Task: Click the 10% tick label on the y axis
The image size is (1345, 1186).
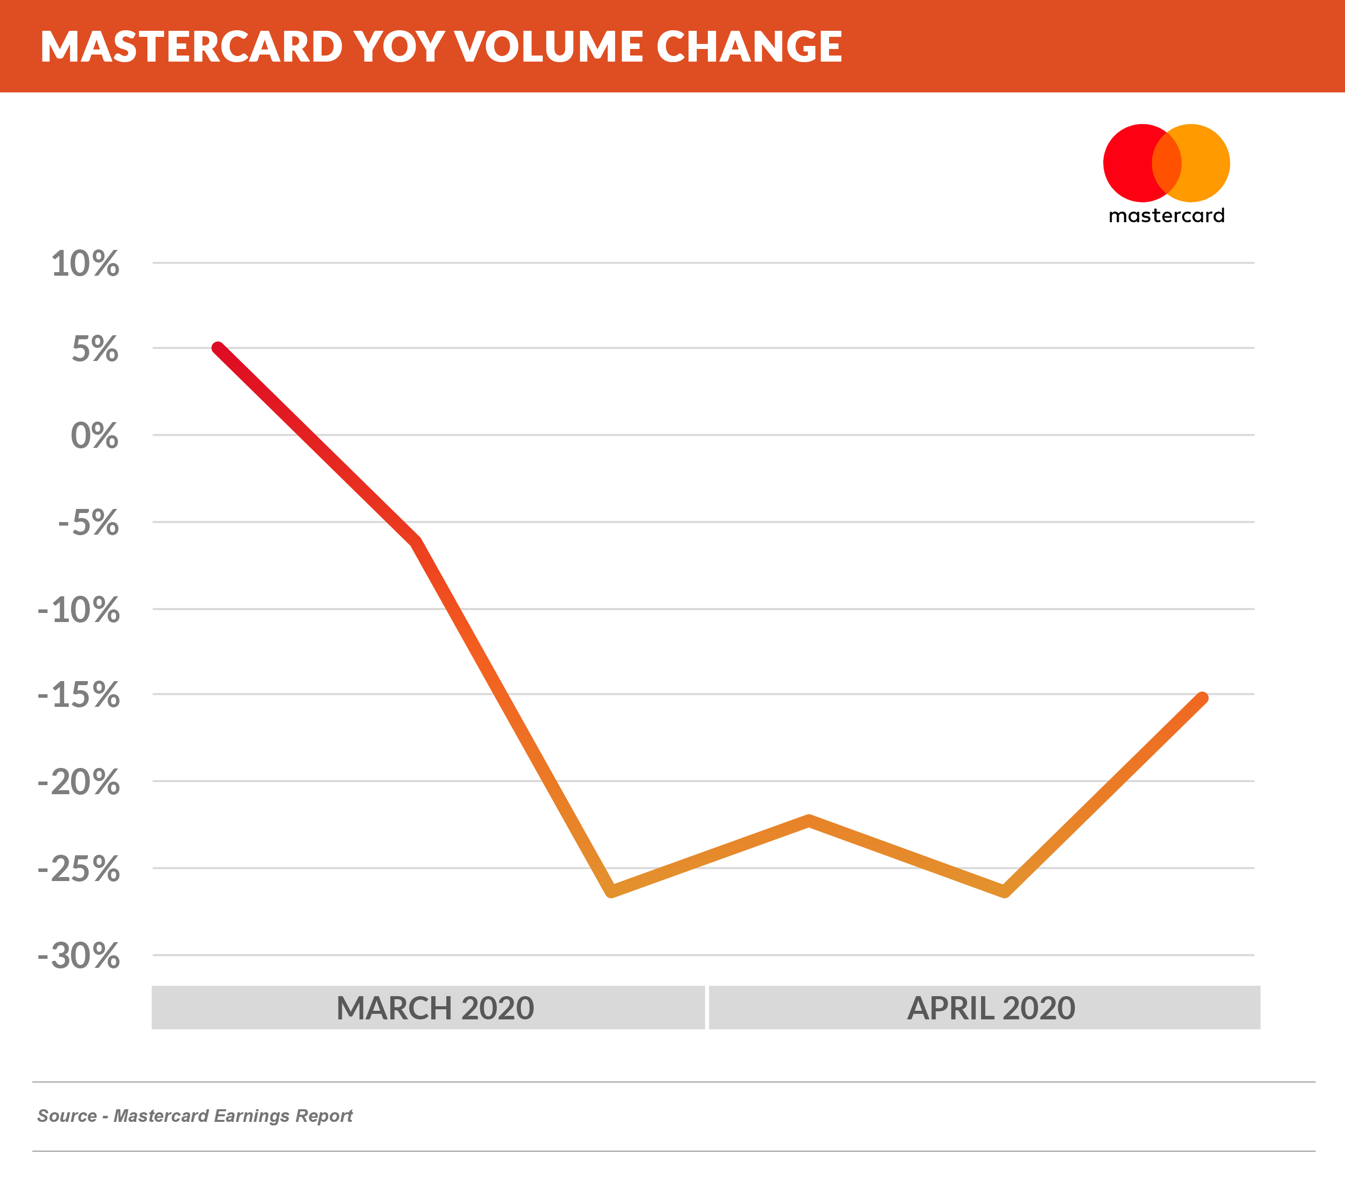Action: tap(85, 264)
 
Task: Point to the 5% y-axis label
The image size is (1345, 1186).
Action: tap(95, 349)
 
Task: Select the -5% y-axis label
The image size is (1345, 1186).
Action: tap(88, 523)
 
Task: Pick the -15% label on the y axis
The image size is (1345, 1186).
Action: tap(79, 695)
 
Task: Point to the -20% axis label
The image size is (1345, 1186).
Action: tap(79, 783)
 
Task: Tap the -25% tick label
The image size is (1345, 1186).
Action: tap(79, 869)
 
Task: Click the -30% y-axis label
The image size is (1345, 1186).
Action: tap(79, 956)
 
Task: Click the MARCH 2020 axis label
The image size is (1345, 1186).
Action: tap(435, 1008)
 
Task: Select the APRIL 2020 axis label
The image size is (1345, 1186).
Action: tap(991, 1008)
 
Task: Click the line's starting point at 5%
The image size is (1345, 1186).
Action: tap(218, 347)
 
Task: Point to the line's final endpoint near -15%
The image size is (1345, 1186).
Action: tap(1202, 698)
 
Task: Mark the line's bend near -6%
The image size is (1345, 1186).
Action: tap(417, 542)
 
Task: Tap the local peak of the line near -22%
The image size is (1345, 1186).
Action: tap(809, 820)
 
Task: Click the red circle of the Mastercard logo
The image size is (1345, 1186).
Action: tap(1126, 163)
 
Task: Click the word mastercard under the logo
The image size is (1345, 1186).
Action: tap(1166, 216)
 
